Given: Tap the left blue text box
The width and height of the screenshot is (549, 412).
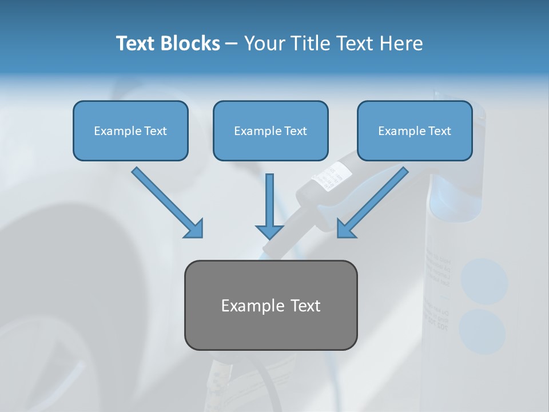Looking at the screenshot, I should click(130, 130).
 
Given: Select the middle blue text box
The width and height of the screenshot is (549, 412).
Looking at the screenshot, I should click(270, 130).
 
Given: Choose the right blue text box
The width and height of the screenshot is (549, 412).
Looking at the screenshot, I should click(415, 130).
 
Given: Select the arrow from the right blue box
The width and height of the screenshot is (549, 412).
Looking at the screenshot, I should click(375, 200).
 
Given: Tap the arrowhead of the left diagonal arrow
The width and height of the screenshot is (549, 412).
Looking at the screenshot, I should click(194, 229).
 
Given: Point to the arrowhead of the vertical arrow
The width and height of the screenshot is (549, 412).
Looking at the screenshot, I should click(270, 231).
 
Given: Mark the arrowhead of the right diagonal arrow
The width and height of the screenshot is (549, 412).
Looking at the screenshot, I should click(346, 229).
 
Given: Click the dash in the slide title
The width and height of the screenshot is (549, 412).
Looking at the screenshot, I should click(232, 44).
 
